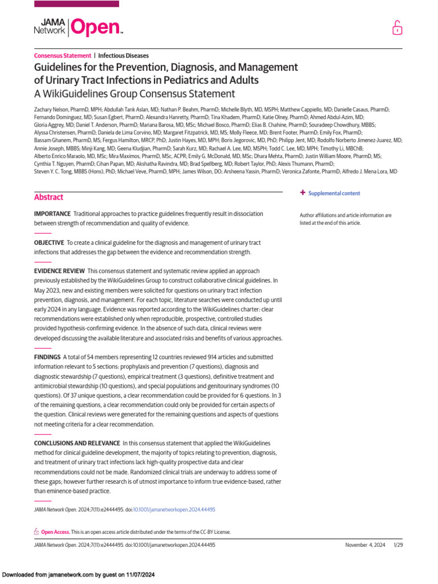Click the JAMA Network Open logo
tap(79, 27)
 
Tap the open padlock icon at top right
tap(396, 28)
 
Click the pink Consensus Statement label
tap(63, 56)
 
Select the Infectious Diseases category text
tap(123, 56)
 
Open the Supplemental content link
tap(334, 193)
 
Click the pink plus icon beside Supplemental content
tap(303, 193)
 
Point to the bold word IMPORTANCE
tap(52, 213)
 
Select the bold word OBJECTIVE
tap(49, 242)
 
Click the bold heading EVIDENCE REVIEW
tap(60, 270)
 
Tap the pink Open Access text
tap(55, 532)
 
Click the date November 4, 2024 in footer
tap(366, 545)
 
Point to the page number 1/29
tap(398, 545)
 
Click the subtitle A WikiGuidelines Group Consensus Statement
tap(134, 94)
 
